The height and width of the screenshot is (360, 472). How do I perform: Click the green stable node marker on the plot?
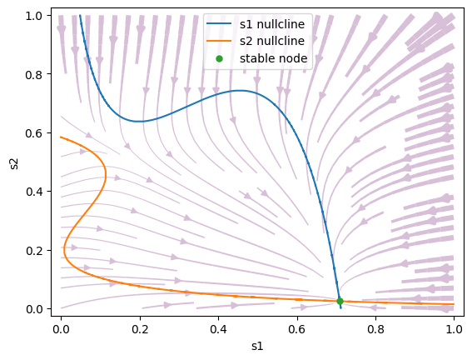tap(340, 301)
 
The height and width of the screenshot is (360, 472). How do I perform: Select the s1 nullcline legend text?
tap(272, 24)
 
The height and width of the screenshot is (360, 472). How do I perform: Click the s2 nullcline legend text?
tap(272, 41)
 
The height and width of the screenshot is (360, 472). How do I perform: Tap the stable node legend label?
tap(273, 58)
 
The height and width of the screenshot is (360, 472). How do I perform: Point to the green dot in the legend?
tap(220, 58)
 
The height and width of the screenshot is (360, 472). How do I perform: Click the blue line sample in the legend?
tap(219, 23)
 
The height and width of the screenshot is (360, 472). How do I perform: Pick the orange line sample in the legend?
tap(219, 41)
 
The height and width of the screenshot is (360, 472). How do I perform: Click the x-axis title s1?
tap(257, 346)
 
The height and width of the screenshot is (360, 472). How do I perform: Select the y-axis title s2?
tap(14, 163)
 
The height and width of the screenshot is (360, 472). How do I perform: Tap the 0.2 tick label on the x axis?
tap(140, 329)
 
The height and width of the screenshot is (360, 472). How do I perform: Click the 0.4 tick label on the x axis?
tap(219, 329)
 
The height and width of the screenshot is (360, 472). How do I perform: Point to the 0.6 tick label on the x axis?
tap(297, 329)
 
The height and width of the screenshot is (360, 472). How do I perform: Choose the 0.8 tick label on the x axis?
tap(375, 329)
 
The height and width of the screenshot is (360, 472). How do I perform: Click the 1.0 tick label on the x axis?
tap(454, 329)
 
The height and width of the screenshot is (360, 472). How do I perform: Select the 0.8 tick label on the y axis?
tap(33, 74)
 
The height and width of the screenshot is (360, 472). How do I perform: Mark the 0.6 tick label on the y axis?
tap(33, 133)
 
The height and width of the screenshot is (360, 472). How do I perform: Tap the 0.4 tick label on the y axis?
tap(33, 192)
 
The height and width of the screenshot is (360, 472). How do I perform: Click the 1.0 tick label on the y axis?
tap(33, 16)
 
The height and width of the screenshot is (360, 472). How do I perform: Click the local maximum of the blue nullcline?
tap(239, 90)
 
